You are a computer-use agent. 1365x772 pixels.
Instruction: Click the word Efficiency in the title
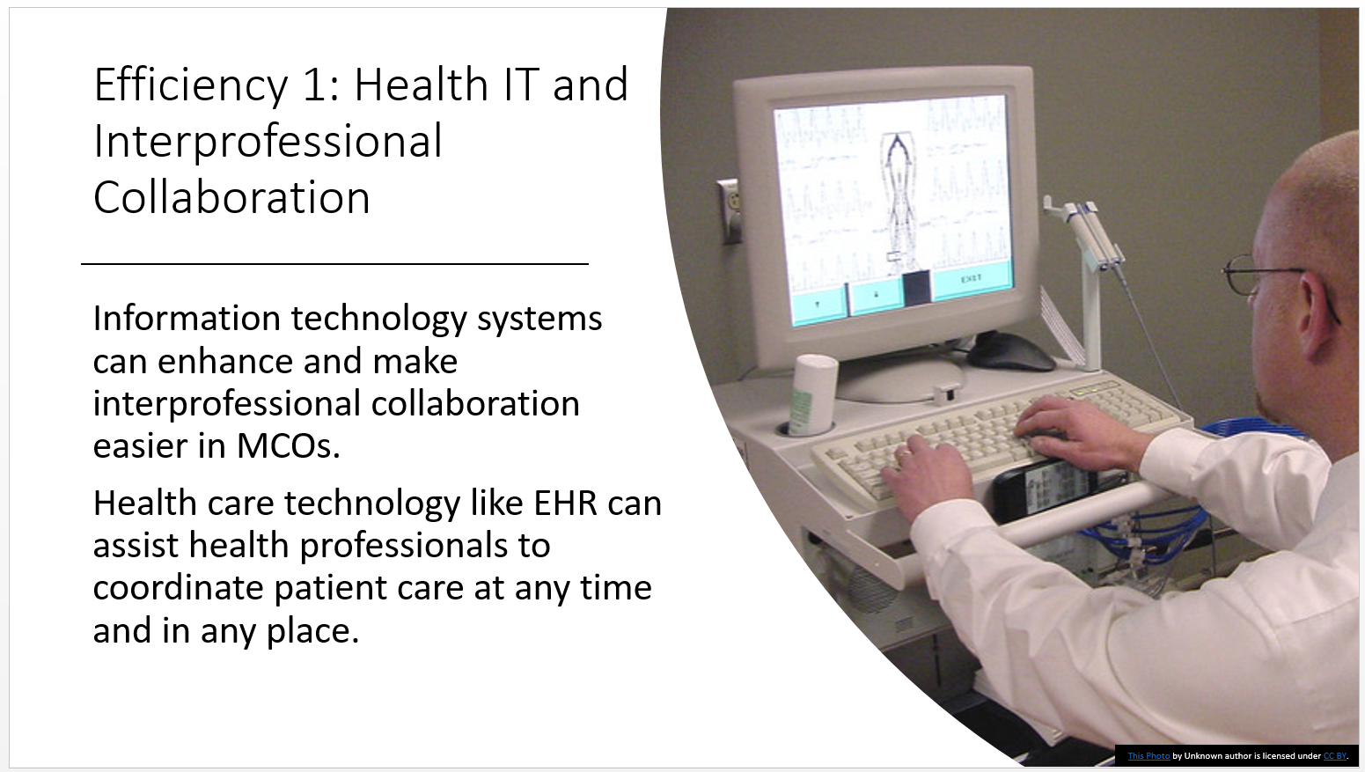coord(191,86)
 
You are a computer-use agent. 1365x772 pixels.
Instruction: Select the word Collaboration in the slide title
coord(231,197)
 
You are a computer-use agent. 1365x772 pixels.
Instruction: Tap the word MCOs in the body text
coord(288,446)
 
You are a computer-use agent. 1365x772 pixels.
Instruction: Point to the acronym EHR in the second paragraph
coord(566,504)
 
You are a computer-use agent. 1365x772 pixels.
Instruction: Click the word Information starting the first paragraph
coord(187,318)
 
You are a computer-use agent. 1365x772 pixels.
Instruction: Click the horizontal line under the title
coord(334,264)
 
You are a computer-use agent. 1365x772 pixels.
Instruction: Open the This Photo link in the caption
coord(1149,756)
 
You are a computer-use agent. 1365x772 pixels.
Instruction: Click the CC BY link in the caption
coord(1334,756)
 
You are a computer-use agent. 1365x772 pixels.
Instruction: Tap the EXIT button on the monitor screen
coord(972,279)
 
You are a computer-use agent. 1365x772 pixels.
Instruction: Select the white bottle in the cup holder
coord(812,395)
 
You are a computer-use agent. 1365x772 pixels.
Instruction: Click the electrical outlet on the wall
coord(730,210)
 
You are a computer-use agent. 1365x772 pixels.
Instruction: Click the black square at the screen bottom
coord(916,288)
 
